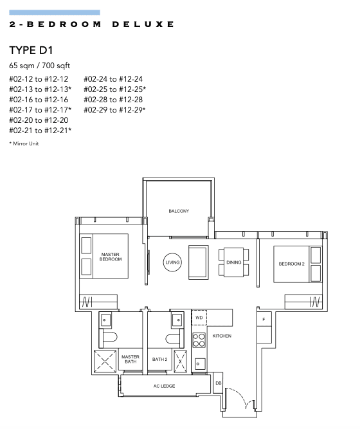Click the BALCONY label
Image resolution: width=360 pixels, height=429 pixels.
[x=179, y=211]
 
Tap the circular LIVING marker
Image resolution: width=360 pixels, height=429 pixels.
[x=172, y=262]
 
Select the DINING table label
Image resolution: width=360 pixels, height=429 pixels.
[x=233, y=262]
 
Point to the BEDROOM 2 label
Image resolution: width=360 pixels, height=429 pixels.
[x=291, y=264]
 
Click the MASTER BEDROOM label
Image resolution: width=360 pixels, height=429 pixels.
[x=110, y=257]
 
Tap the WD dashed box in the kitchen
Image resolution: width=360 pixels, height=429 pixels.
[x=199, y=317]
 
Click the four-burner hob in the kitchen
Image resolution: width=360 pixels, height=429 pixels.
[x=199, y=340]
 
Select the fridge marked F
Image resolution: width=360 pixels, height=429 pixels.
[x=264, y=319]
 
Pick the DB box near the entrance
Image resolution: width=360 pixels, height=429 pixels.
[x=218, y=383]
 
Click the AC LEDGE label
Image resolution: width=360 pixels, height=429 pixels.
[x=164, y=386]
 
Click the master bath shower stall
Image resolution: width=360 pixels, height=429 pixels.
[x=105, y=361]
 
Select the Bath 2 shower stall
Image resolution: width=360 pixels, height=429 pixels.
[x=180, y=361]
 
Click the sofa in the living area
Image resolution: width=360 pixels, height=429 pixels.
[x=199, y=262]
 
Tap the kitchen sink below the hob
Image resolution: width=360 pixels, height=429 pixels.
[x=199, y=363]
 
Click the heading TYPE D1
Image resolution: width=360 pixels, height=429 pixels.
[x=31, y=50]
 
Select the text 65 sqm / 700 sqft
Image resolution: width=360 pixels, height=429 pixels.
[x=40, y=66]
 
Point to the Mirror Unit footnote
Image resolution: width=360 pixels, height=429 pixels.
[x=24, y=143]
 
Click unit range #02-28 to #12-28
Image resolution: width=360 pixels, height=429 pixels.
[x=113, y=100]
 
